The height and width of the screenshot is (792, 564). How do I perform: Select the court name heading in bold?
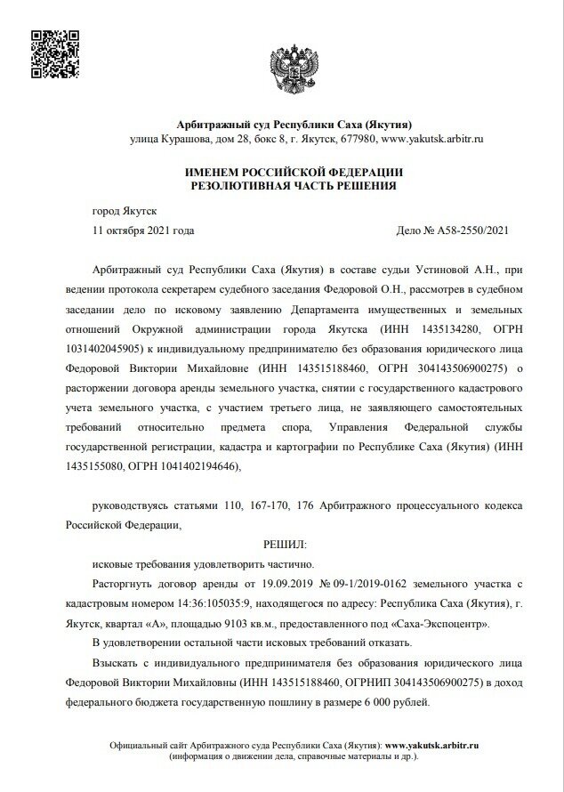click(282, 124)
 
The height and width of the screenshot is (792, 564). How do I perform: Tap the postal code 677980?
click(357, 140)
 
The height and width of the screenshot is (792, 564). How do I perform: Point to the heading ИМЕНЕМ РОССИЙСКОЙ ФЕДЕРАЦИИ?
click(281, 171)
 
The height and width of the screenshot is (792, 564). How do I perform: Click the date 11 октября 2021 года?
click(143, 230)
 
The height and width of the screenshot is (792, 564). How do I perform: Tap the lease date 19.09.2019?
click(288, 583)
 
